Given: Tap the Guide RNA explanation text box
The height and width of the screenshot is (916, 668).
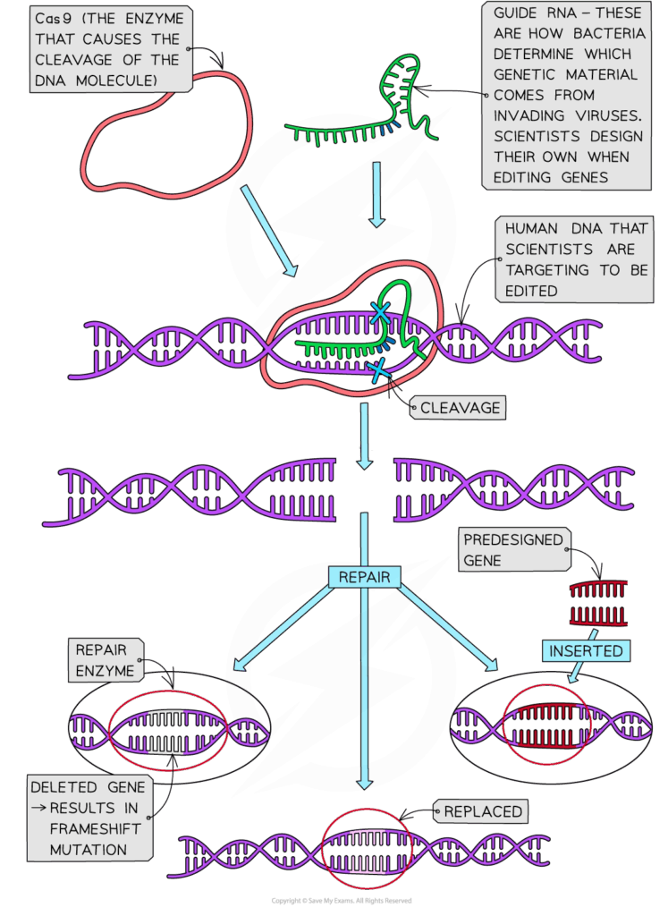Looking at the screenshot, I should (x=567, y=94).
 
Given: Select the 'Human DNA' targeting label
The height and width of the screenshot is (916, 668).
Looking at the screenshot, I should (x=572, y=259).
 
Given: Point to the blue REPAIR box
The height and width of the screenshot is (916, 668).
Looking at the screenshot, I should (x=365, y=577).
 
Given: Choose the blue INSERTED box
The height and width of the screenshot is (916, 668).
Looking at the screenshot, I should (x=585, y=650).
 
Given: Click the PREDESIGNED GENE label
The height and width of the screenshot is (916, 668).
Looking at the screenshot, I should (x=513, y=550).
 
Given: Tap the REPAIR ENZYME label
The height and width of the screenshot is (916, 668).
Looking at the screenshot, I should (x=106, y=660).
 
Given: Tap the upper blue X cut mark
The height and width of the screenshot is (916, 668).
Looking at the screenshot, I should (x=381, y=312).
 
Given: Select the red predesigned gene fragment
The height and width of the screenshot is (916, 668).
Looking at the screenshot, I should (x=598, y=602).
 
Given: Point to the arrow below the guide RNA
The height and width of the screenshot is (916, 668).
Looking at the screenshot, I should (x=377, y=193).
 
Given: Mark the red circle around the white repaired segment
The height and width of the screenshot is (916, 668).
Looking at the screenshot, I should (x=167, y=729).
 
